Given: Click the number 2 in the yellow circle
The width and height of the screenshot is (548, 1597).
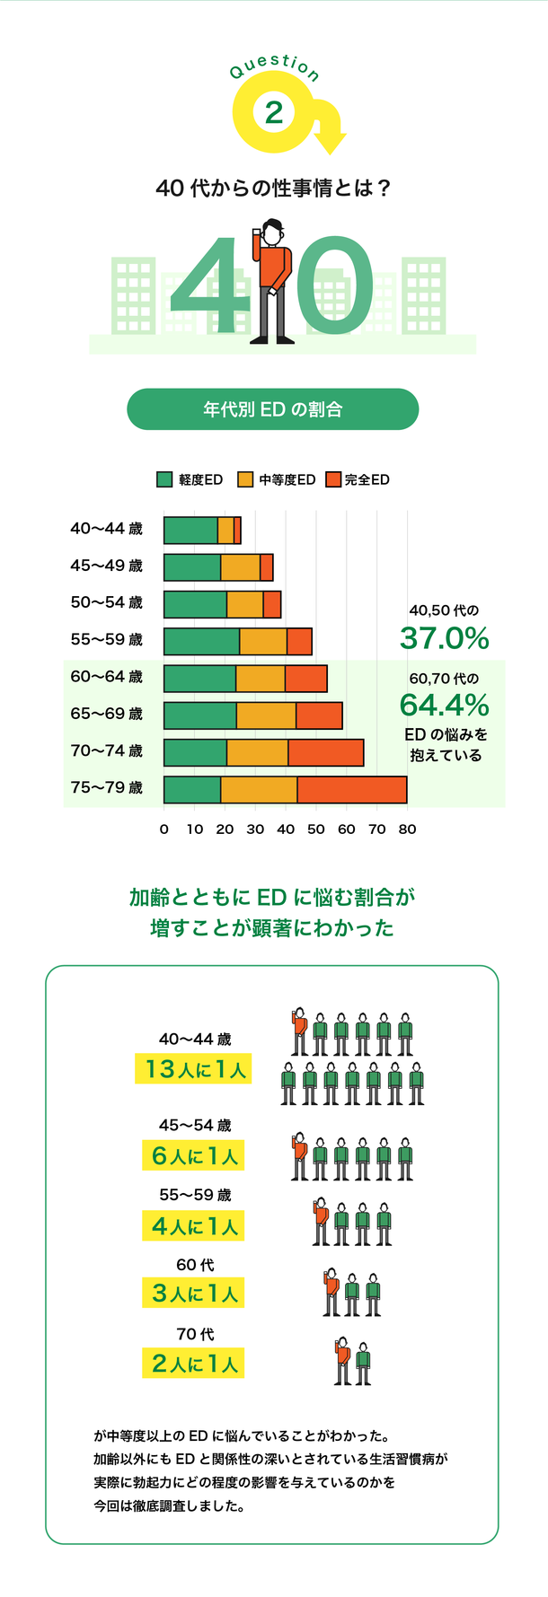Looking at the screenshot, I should tap(274, 112).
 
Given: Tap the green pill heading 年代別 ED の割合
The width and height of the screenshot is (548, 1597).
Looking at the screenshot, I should tap(272, 409).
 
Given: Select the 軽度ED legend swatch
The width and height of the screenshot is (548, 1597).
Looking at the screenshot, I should tap(164, 479).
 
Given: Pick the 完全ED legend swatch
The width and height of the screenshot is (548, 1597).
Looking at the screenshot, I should tap(334, 479).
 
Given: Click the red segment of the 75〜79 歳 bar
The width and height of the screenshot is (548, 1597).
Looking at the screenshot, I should tap(352, 789).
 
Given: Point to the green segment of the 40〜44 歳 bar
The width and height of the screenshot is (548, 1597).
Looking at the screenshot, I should tap(190, 531).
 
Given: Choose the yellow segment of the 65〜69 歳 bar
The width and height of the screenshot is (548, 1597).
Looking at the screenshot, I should tap(266, 715).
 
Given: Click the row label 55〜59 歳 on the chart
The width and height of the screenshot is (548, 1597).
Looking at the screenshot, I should tap(107, 640).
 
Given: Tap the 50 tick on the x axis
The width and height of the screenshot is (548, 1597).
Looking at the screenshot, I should tap(315, 829).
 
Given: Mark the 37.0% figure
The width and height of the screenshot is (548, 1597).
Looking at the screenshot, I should tap(445, 638).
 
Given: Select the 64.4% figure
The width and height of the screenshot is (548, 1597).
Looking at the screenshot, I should tap(445, 704).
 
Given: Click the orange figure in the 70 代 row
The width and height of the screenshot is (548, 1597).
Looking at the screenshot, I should tap(342, 1363).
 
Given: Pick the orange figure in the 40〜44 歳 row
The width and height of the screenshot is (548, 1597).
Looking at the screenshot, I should tap(299, 1032).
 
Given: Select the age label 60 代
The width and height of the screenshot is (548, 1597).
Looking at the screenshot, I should tap(195, 1265).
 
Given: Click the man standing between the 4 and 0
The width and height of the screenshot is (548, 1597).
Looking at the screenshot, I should tap(272, 280).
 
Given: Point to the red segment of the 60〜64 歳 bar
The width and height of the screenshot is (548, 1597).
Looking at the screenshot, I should tap(306, 679).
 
